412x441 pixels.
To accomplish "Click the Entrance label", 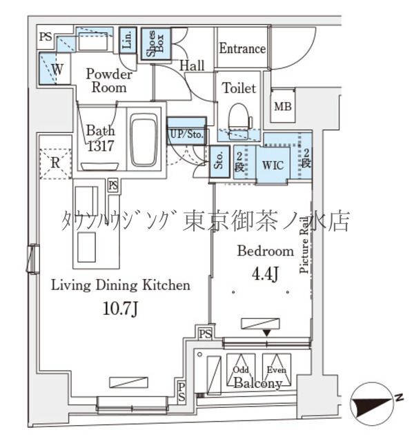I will [242, 49].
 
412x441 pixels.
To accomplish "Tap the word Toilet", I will [239, 88].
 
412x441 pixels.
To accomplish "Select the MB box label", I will [282, 106].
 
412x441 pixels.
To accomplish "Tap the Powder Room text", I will [108, 81].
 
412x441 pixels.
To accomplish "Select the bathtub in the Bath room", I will [144, 141].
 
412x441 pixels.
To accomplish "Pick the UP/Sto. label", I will [186, 135].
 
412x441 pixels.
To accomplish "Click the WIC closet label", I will [271, 165].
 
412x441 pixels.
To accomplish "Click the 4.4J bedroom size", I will [265, 275].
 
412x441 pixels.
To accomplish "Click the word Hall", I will [193, 66].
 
